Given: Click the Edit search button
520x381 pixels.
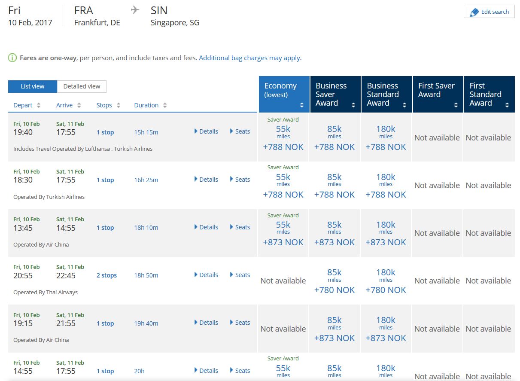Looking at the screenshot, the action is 489,12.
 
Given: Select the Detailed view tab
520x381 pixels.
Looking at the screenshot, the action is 82,86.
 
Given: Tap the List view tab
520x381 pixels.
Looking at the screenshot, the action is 33,86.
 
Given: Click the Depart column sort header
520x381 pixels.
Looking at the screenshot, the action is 27,105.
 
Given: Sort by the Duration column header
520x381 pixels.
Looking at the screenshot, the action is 150,105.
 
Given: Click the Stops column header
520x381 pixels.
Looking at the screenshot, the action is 108,105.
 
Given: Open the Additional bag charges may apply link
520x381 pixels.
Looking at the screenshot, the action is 250,58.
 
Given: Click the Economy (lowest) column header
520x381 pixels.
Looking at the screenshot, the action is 284,94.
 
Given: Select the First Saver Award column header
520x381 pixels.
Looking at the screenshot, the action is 438,94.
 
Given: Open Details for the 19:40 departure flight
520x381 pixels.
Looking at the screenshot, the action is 206,131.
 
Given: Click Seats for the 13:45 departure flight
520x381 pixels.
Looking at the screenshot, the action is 240,227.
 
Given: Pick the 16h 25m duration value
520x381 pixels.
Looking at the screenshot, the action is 146,180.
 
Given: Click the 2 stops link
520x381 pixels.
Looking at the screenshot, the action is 106,275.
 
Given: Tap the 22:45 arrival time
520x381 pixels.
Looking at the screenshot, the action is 66,276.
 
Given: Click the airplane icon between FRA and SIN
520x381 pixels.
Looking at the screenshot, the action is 135,10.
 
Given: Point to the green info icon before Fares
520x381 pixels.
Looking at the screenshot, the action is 12,58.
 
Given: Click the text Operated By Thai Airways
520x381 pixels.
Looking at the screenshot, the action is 46,293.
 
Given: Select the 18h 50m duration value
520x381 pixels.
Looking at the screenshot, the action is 146,275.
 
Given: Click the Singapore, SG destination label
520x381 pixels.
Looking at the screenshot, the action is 175,23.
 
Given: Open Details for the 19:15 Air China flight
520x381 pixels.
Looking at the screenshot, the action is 206,323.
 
